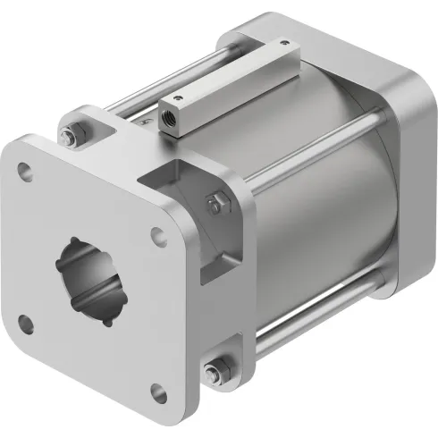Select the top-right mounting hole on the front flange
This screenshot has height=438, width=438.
(x=157, y=236)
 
